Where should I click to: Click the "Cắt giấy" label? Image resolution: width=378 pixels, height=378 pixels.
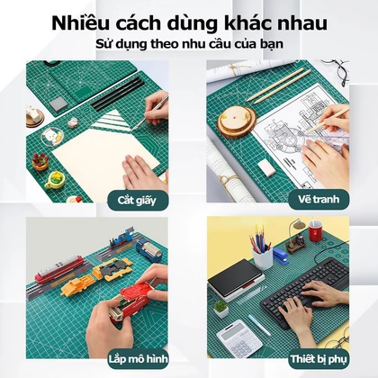[x=137, y=200]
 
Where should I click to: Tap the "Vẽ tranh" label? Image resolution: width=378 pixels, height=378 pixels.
[x=319, y=199]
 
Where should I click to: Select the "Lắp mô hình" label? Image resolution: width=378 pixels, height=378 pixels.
[x=139, y=358]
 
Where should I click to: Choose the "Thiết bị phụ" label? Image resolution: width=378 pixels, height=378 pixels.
[x=319, y=359]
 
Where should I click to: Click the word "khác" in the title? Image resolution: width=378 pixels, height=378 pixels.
[x=245, y=23]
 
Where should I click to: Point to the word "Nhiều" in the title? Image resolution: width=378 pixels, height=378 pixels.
[x=80, y=23]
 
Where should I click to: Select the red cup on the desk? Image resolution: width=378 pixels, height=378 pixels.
[x=316, y=230]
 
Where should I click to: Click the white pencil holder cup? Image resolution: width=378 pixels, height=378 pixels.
[x=263, y=257]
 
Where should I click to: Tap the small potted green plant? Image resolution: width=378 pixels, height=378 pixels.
[x=220, y=309]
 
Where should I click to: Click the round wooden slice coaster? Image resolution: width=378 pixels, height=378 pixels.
[x=237, y=121]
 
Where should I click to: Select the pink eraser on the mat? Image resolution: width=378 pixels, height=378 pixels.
[x=266, y=167]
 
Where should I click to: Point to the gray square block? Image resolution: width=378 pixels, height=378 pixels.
[x=58, y=104]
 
